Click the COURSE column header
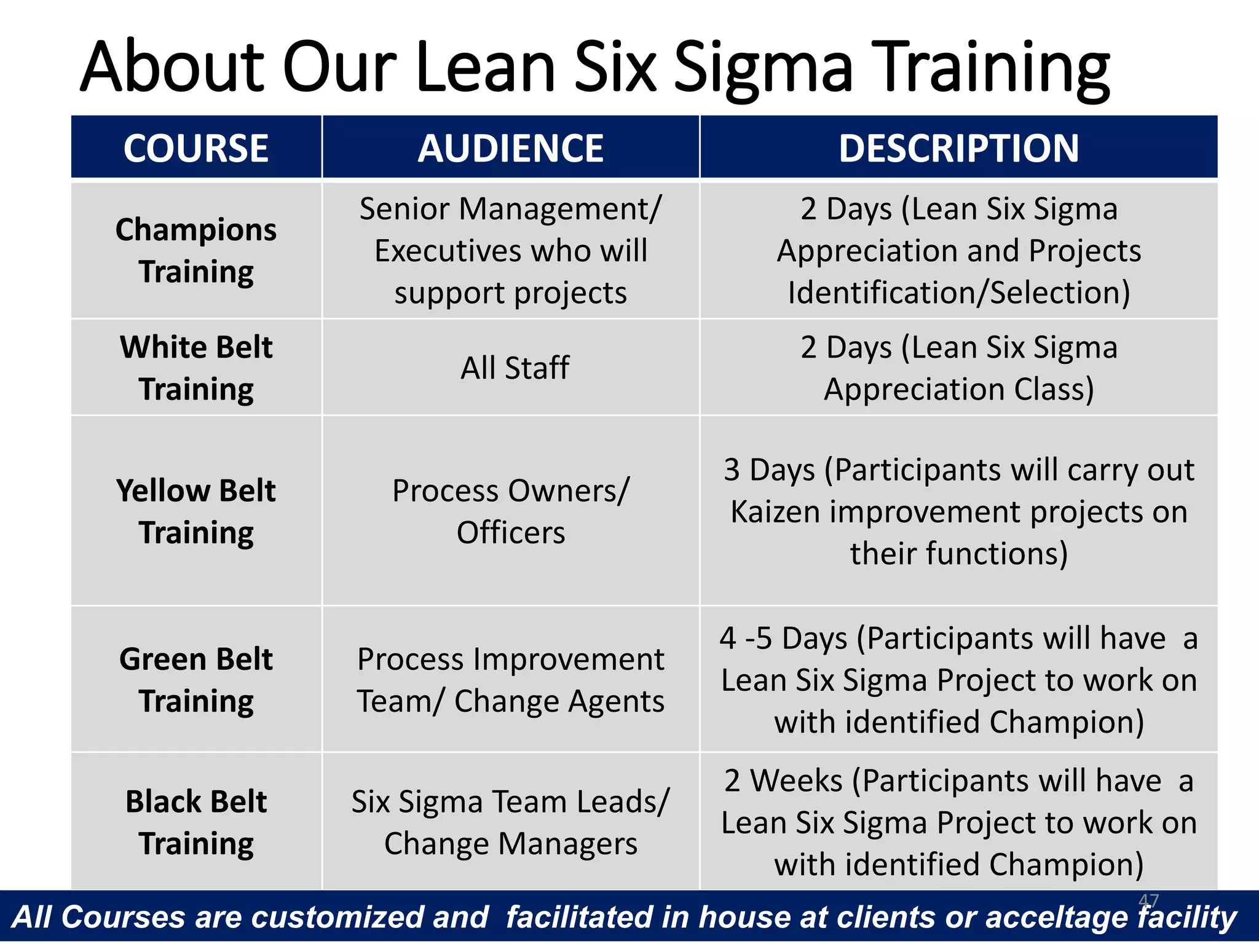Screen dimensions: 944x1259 [196, 148]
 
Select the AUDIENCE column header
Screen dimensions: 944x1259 [510, 148]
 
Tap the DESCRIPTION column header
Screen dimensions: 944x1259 [958, 148]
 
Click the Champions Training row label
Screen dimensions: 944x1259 [196, 250]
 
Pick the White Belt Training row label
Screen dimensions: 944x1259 [196, 368]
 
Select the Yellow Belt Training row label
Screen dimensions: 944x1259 [196, 511]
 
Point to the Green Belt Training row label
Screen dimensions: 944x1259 [196, 679]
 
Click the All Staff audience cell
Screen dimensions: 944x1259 [515, 368]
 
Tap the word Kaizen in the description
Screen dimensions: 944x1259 [775, 511]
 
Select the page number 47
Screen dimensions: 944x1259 [1148, 900]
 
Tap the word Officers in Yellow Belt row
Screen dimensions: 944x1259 [510, 532]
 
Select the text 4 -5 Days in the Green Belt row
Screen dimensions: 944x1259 [784, 638]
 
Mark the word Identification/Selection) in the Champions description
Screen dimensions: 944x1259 [958, 293]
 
